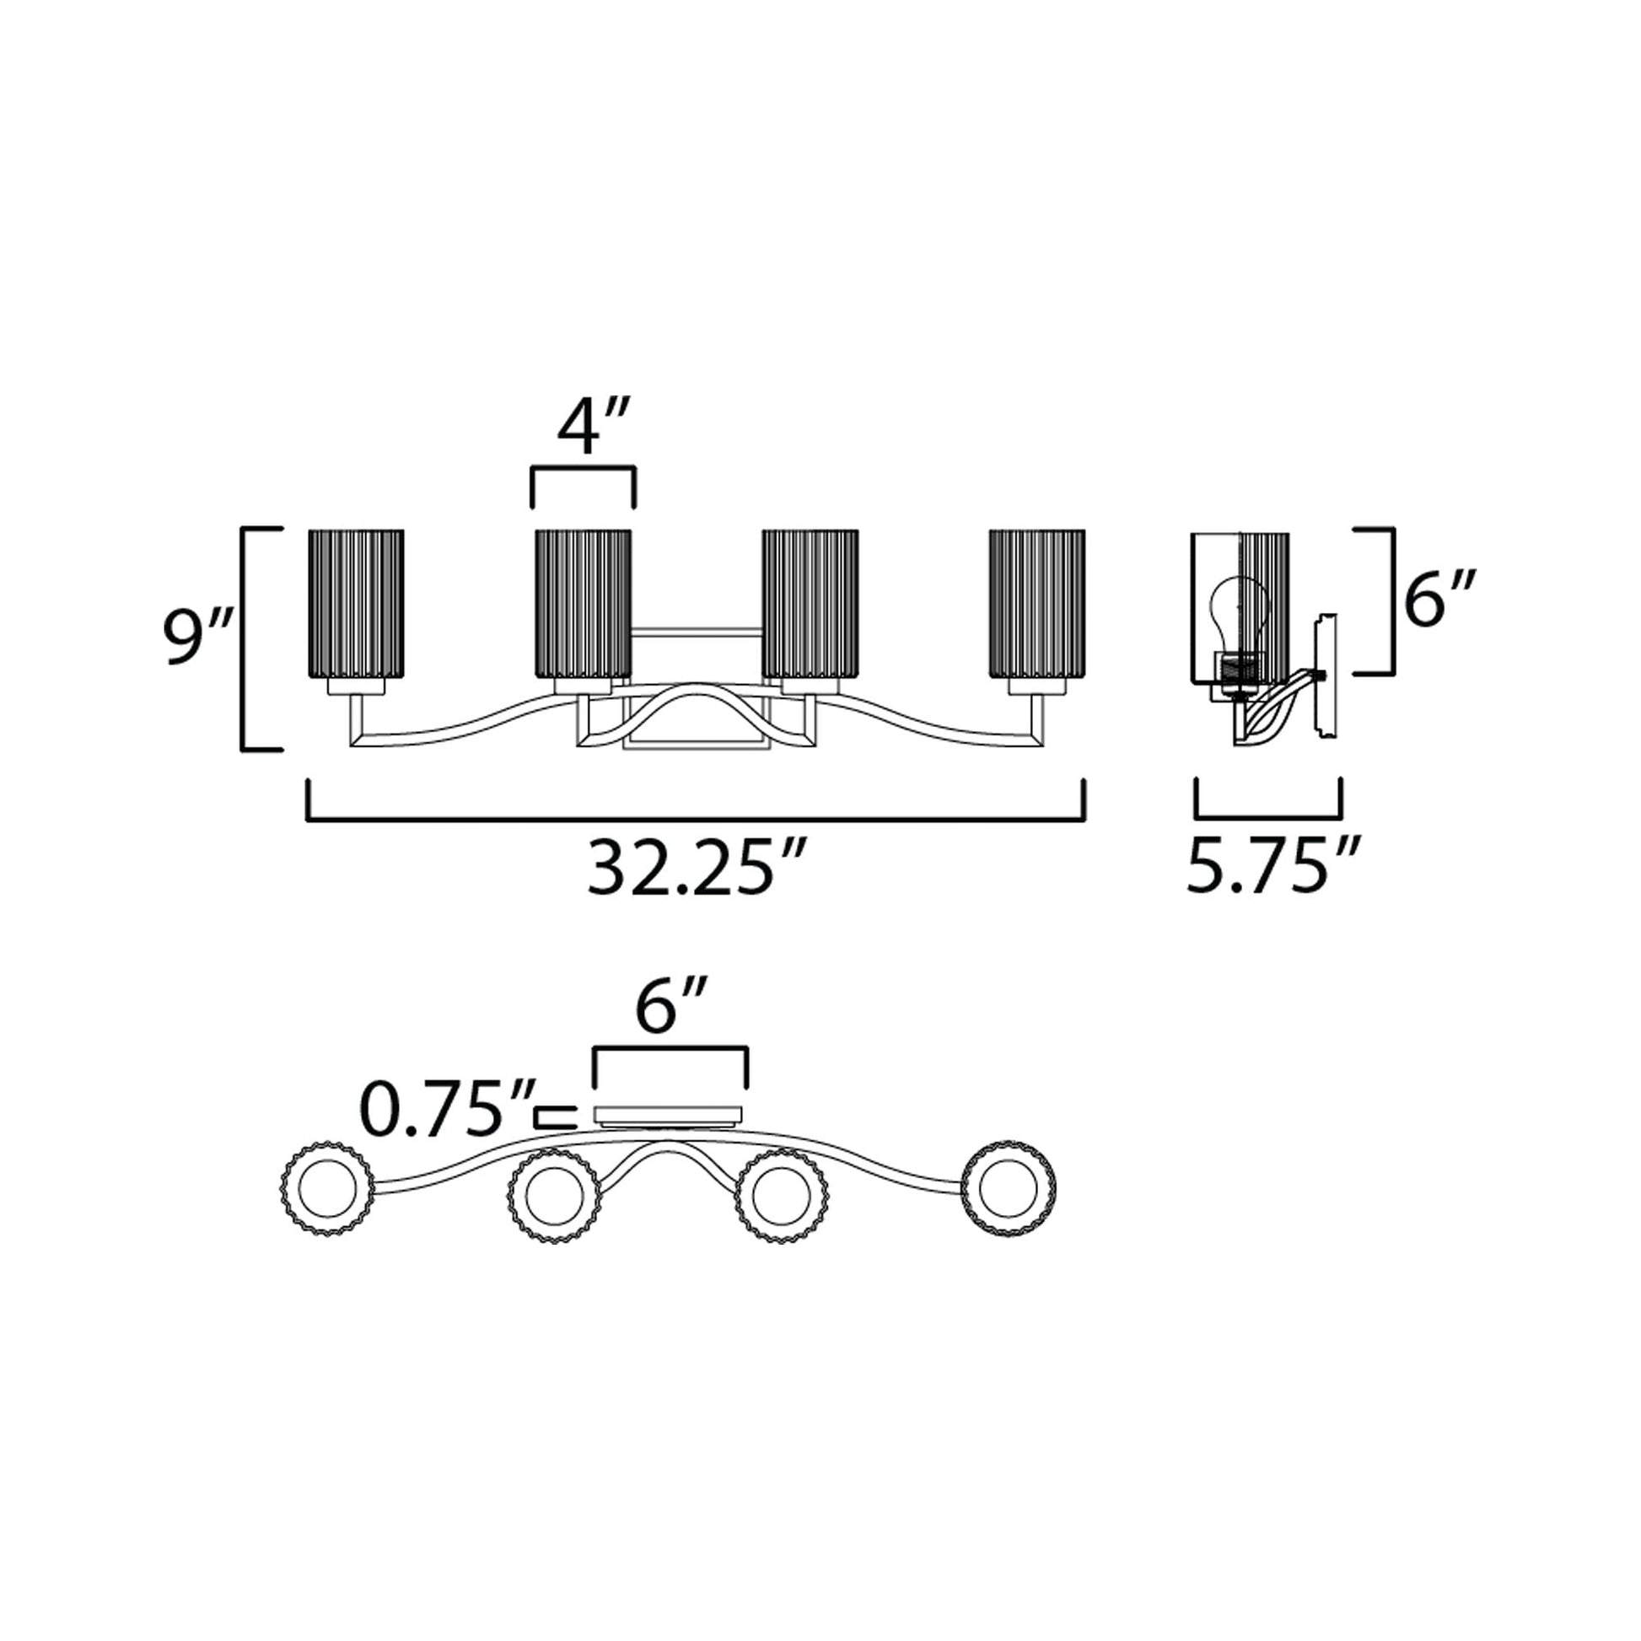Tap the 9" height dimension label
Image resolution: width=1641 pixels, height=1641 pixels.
(197, 638)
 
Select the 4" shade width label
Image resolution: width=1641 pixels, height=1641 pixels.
(593, 430)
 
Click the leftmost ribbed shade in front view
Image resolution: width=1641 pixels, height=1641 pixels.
(356, 604)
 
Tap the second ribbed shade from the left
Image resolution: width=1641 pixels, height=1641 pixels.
(583, 604)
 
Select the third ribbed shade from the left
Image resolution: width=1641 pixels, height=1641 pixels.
(810, 604)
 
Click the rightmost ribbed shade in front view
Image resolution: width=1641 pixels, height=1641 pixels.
(1037, 604)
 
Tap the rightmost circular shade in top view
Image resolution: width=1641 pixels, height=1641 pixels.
(1009, 1186)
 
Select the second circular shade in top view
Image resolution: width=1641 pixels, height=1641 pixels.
(554, 1197)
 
